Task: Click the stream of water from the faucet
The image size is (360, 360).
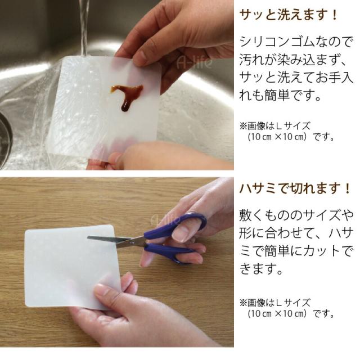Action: pos(84,28)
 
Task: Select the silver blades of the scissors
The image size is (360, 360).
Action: pos(115,240)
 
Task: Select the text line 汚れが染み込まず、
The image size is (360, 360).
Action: pos(292,59)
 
